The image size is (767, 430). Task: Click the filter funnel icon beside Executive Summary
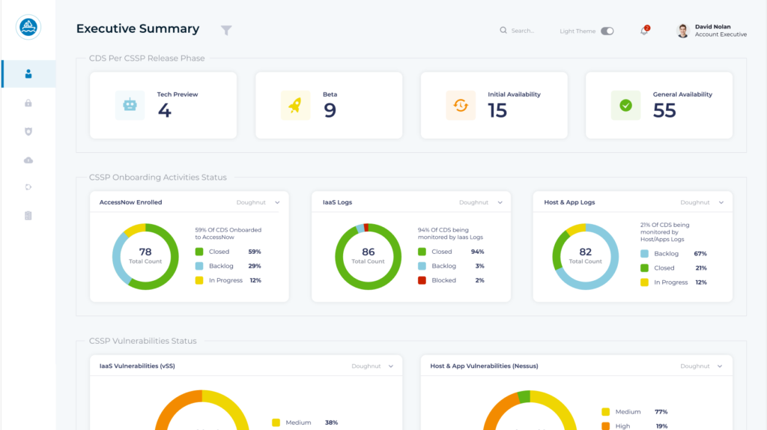tap(226, 30)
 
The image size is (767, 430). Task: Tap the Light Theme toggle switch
tap(607, 31)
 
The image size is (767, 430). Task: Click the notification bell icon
tap(644, 31)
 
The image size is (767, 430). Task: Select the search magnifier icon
tap(503, 31)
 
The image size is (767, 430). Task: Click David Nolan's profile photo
tap(682, 31)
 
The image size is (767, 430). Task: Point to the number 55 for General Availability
tap(664, 111)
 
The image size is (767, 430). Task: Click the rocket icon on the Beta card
tap(295, 106)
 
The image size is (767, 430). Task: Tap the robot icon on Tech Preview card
tap(130, 106)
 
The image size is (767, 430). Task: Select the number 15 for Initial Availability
tap(497, 111)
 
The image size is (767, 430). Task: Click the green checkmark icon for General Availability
tap(625, 106)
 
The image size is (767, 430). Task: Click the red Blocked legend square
tap(422, 280)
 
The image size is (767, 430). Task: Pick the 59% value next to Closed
tap(255, 252)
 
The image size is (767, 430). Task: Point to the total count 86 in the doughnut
tap(368, 252)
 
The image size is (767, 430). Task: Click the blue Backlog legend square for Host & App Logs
tap(644, 254)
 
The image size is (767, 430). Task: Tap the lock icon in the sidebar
tap(28, 103)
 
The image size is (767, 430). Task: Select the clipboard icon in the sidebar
tap(28, 216)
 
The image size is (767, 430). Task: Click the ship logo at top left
tap(28, 28)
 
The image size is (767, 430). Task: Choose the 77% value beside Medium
tap(661, 411)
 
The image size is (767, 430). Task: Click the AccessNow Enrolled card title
tap(131, 202)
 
